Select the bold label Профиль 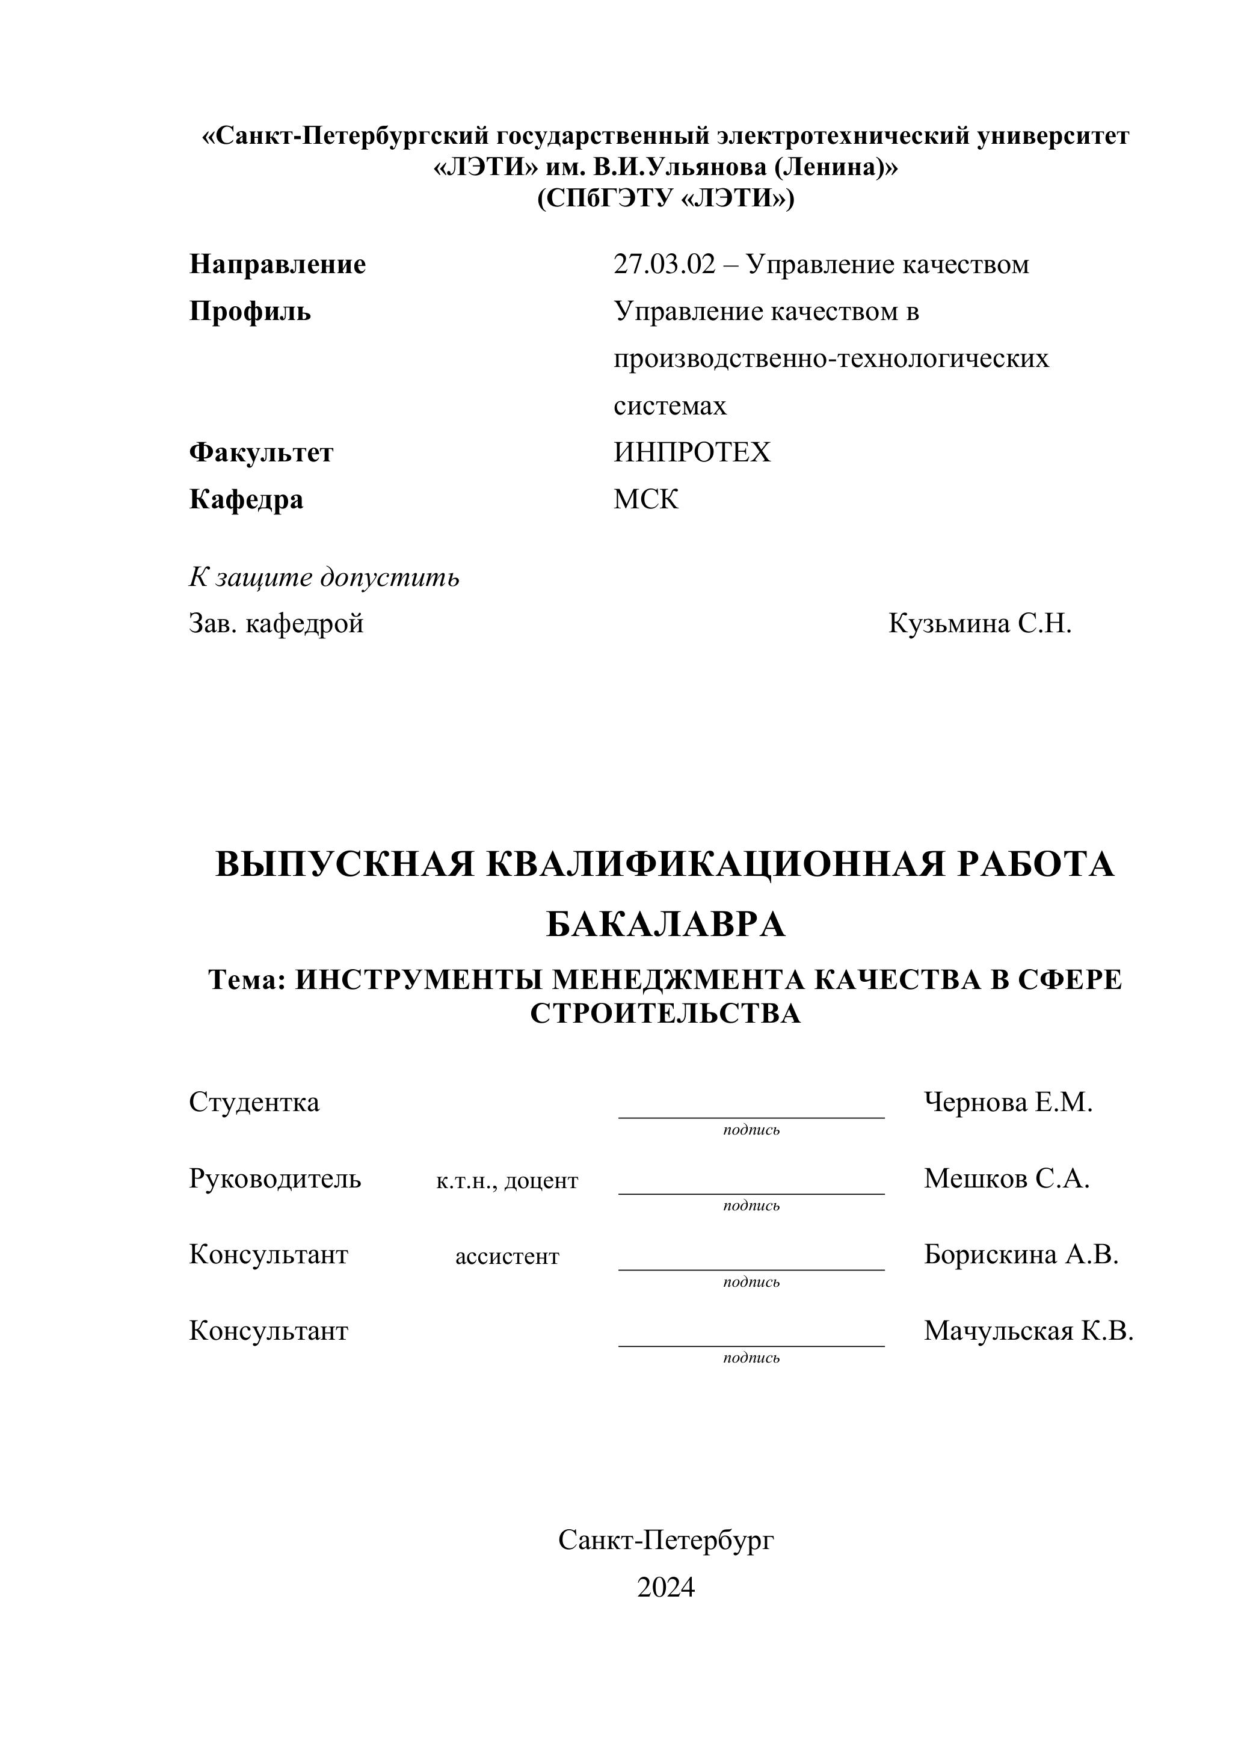point(250,312)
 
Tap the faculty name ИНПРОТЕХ point(692,453)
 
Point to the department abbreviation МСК point(645,499)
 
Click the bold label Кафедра point(246,499)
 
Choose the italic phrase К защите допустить point(324,577)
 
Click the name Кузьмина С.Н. point(980,624)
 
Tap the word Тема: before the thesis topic point(247,979)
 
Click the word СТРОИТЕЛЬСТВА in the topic point(665,1014)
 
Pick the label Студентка point(253,1103)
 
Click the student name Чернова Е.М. point(1008,1103)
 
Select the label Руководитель point(275,1178)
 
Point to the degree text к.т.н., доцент point(507,1180)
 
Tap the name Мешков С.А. point(1006,1178)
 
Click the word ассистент point(507,1257)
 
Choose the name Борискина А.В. point(1021,1254)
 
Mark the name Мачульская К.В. point(1028,1331)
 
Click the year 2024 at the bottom point(666,1588)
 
